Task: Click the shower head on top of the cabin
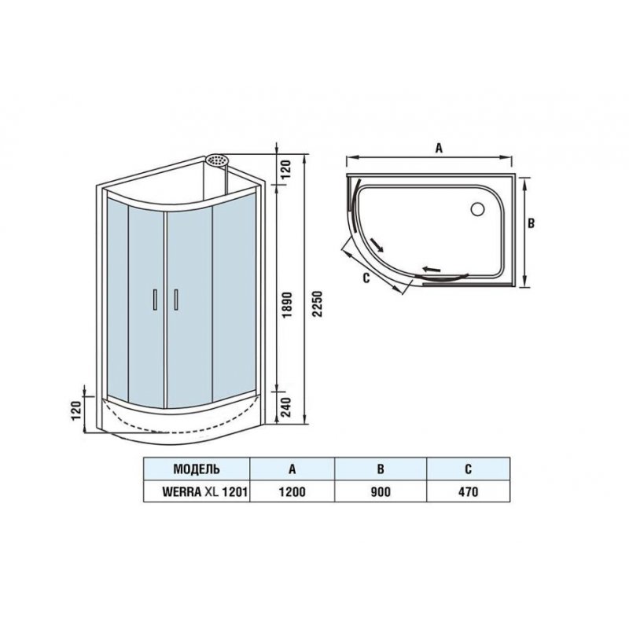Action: pyautogui.click(x=217, y=160)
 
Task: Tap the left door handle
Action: pyautogui.click(x=155, y=300)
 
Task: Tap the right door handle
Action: pyautogui.click(x=175, y=300)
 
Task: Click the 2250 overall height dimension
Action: pyautogui.click(x=318, y=303)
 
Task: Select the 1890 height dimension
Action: pyautogui.click(x=286, y=305)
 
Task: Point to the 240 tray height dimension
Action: pyautogui.click(x=286, y=406)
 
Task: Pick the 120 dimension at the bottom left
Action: pyautogui.click(x=76, y=410)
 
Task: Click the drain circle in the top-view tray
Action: pyautogui.click(x=477, y=209)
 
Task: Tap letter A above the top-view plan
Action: pyautogui.click(x=439, y=148)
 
